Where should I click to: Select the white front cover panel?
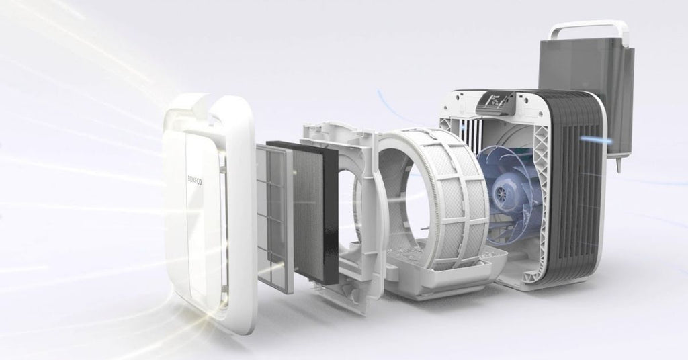[202, 215]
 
